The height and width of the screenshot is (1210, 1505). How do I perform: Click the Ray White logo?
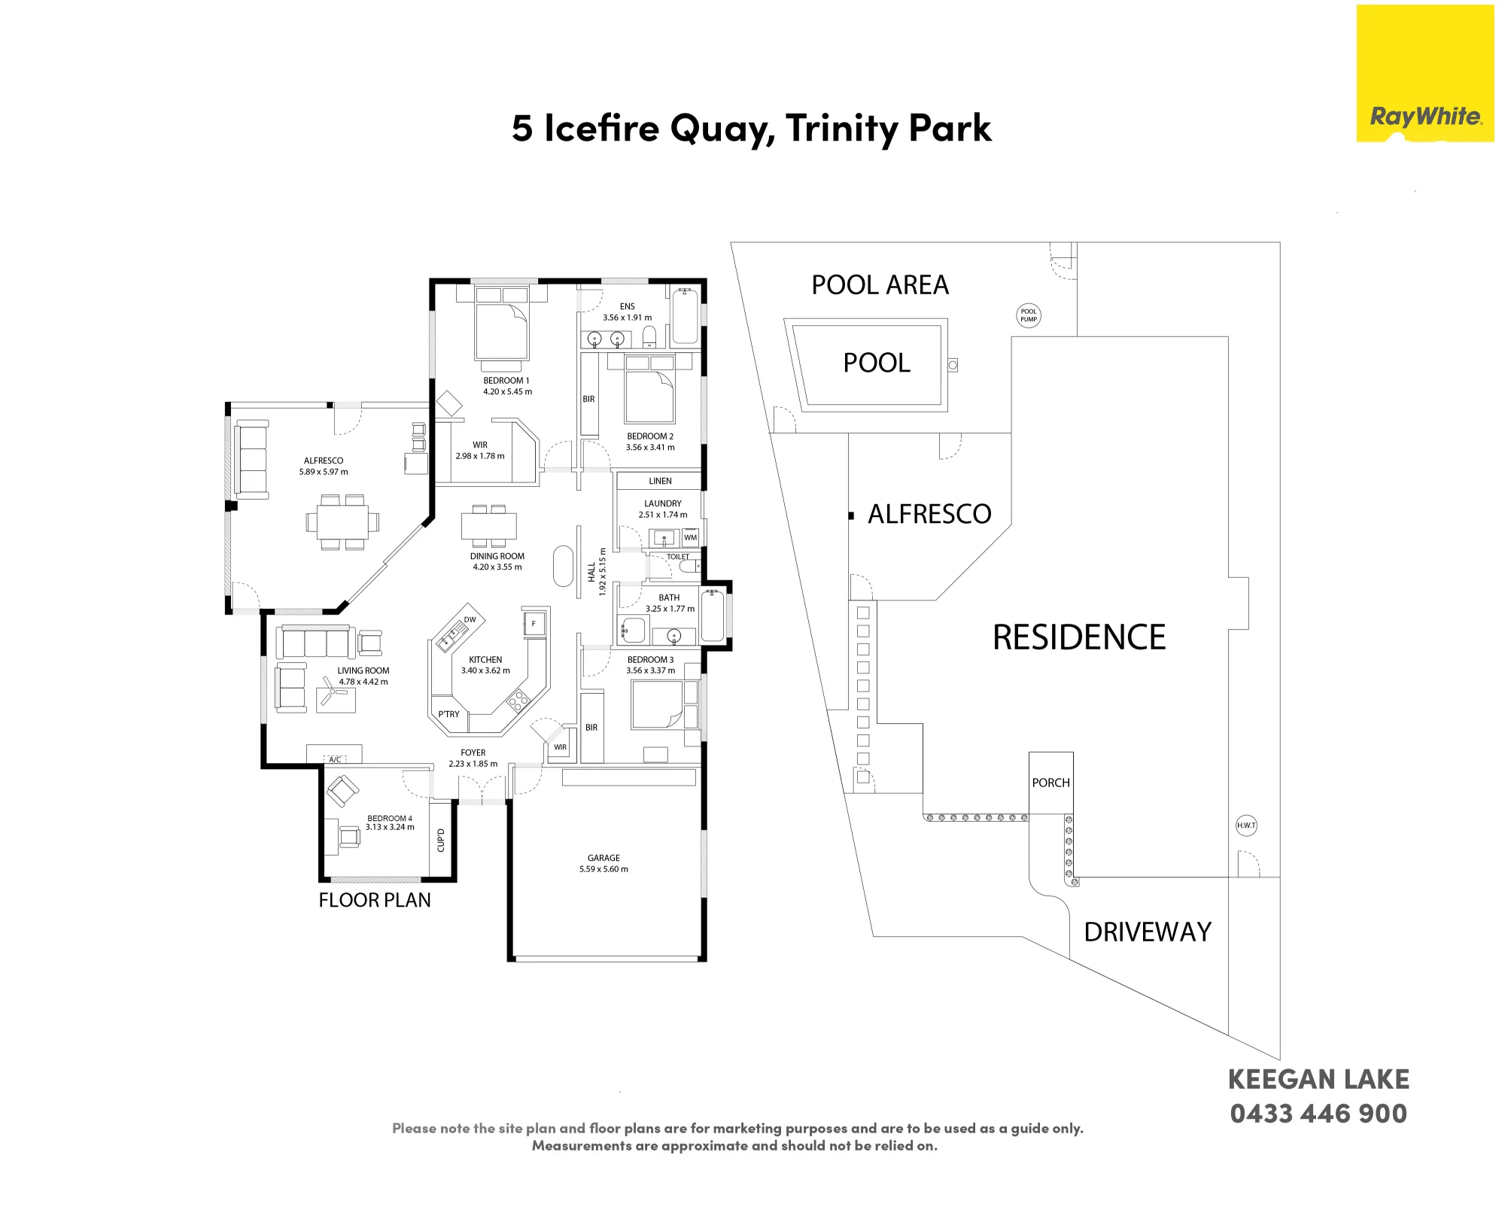tap(1425, 74)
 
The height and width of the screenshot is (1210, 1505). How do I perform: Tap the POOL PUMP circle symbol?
tap(1029, 315)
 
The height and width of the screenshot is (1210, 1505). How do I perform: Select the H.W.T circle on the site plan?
tap(1246, 825)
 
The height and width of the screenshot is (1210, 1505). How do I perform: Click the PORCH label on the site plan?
tap(1050, 783)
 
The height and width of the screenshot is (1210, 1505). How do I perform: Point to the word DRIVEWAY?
tap(1148, 932)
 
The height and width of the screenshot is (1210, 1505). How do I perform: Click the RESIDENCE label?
tap(1079, 637)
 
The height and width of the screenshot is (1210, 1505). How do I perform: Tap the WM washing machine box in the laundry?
tap(690, 537)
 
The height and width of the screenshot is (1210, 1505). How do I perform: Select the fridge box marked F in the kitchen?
tap(534, 623)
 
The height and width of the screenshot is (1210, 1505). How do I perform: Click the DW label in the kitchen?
tap(470, 620)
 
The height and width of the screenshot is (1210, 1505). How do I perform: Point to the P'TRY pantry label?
tap(448, 714)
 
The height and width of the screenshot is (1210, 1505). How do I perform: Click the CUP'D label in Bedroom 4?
tap(441, 840)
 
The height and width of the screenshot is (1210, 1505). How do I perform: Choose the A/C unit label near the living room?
tap(335, 759)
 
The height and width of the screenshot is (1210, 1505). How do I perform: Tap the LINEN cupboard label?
tap(660, 481)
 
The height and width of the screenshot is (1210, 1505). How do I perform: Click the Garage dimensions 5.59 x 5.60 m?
tap(604, 869)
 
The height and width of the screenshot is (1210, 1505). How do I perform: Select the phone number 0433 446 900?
tap(1318, 1114)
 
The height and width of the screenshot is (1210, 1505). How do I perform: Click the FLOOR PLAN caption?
tap(375, 900)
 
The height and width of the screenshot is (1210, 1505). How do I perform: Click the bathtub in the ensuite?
tap(685, 317)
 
